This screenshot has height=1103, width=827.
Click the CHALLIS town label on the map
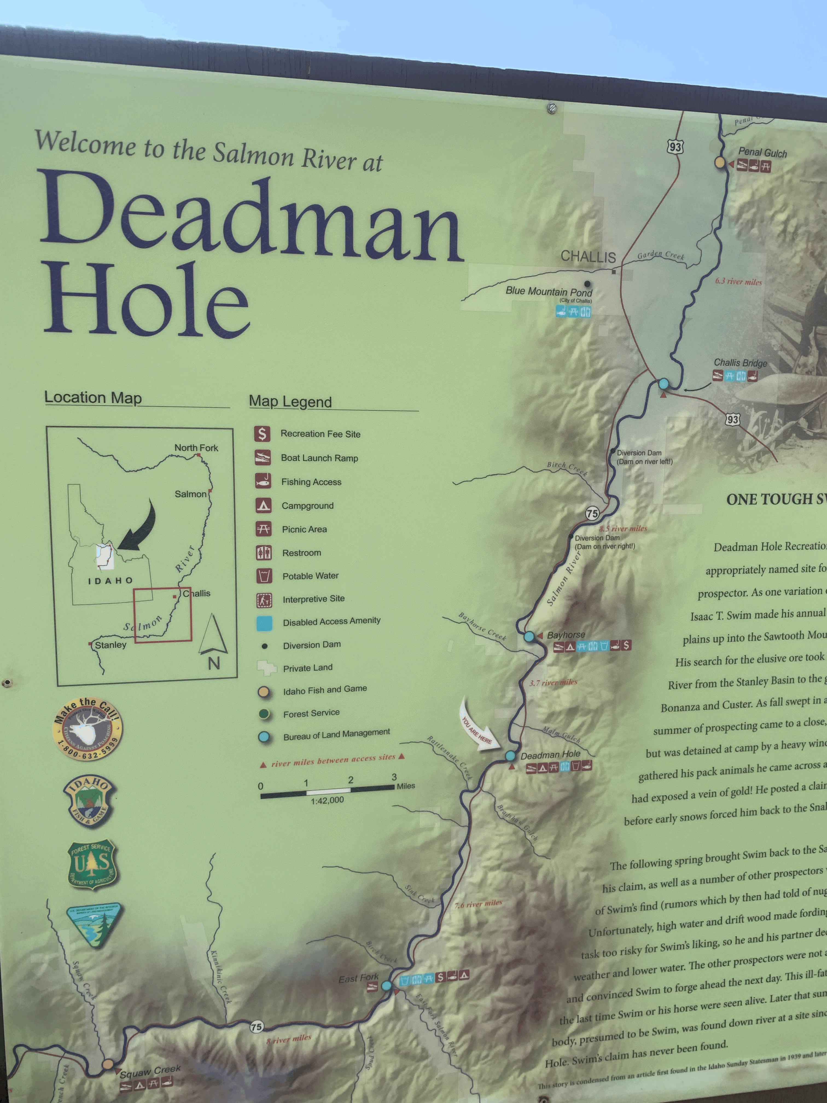(x=588, y=257)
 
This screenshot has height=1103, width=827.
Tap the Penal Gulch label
(x=762, y=153)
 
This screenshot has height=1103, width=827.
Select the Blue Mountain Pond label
(x=549, y=291)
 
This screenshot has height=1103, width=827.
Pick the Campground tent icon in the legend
(x=263, y=506)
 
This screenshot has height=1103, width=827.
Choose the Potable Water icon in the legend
(x=264, y=576)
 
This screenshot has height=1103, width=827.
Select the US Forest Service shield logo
(x=91, y=864)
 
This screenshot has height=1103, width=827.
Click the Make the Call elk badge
(x=88, y=729)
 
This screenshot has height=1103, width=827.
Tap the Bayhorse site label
(x=566, y=635)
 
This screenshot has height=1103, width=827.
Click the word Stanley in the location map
(x=111, y=645)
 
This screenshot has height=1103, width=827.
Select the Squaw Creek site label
(x=150, y=1071)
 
